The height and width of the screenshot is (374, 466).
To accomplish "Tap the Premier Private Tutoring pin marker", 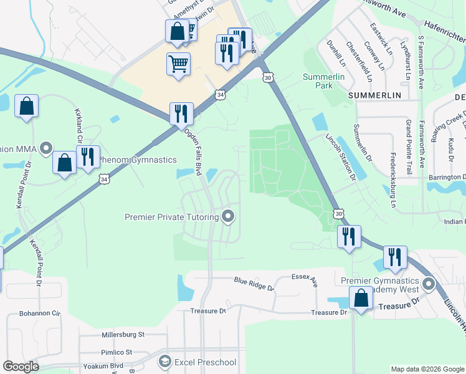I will point(229,217).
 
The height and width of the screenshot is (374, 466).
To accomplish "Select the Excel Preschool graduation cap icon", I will point(164,362).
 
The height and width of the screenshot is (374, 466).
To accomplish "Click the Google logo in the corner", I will point(21,367).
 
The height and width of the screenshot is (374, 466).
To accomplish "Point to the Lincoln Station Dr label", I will point(340,155).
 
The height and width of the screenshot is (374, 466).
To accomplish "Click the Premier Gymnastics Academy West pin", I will point(428,284).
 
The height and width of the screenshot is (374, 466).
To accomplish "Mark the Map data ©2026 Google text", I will point(427,369).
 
